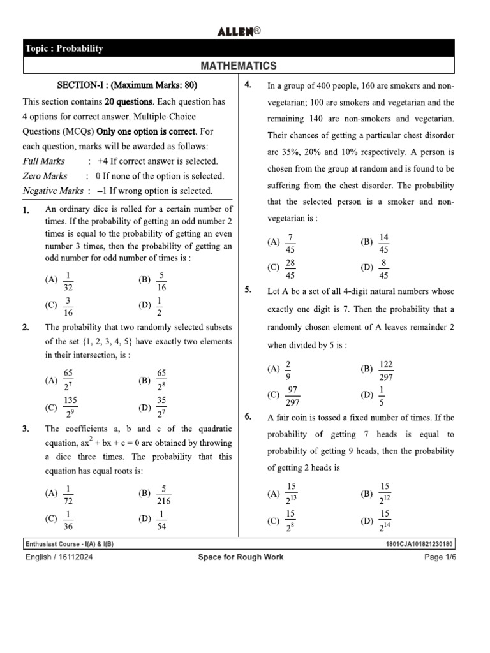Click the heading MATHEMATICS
(239, 66)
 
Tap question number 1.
(26, 210)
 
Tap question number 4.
(249, 85)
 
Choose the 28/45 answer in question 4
(290, 269)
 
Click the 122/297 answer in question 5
(385, 370)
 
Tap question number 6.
(249, 417)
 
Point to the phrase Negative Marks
(53, 191)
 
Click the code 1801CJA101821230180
(419, 545)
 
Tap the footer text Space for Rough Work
(241, 557)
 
